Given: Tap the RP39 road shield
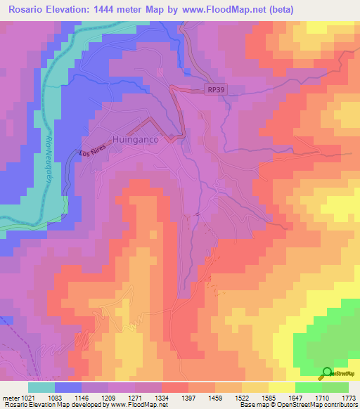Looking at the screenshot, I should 216,89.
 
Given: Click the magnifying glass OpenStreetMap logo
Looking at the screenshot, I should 327,374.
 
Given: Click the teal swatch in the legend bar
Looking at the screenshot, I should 41,387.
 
